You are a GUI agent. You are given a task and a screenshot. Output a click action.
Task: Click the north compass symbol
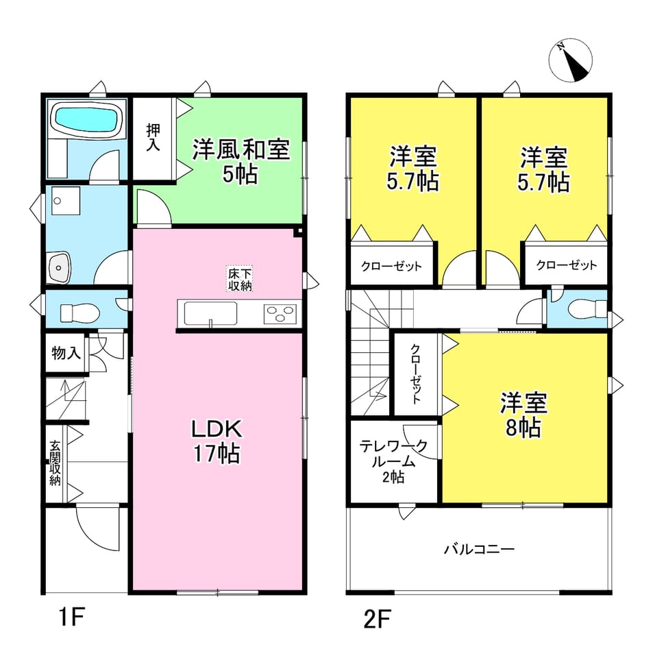570,60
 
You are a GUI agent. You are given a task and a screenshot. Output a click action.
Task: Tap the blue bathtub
86,119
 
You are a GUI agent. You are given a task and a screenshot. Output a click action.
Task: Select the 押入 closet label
153,137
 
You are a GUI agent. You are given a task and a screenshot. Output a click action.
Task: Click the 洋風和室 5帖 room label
241,161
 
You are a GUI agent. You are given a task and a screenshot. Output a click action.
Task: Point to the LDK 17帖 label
217,441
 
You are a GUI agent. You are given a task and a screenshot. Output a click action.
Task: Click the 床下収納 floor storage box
240,279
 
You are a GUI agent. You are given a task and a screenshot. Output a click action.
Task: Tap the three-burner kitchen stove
280,313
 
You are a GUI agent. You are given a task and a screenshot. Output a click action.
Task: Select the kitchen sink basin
210,313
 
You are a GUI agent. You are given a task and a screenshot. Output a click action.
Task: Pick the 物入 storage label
66,353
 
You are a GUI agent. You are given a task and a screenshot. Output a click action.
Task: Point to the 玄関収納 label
55,463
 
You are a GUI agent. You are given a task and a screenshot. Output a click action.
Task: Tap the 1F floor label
73,618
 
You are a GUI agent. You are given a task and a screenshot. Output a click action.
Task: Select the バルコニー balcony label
479,549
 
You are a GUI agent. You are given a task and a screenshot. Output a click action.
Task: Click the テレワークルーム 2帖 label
393,461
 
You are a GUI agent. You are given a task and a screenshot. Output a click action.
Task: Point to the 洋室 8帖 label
523,415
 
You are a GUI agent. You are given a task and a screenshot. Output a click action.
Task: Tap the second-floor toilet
587,309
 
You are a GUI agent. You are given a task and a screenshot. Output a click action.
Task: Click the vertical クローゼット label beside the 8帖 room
415,374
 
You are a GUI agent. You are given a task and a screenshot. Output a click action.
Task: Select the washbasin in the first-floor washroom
60,267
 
